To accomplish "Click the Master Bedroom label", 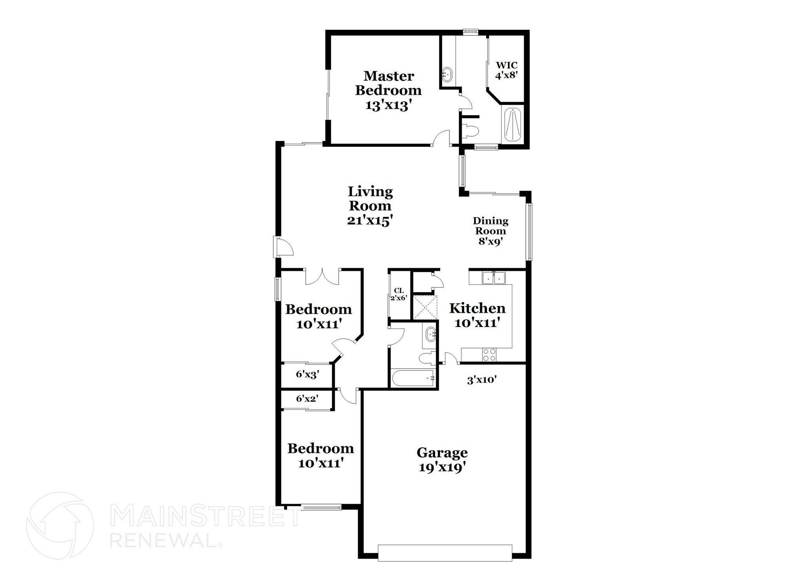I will tap(388, 90).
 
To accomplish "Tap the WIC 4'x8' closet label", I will tap(506, 70).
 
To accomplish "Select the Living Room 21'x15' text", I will tap(370, 206).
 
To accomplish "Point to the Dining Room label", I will tap(490, 231).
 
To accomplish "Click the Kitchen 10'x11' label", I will tap(477, 315).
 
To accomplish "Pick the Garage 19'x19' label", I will tap(442, 460).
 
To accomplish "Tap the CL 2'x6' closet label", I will tap(399, 294).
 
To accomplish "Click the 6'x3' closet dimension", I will tap(307, 374).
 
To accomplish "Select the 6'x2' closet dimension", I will tap(307, 399).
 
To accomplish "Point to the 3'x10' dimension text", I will tap(482, 380).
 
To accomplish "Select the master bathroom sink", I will tap(447, 74).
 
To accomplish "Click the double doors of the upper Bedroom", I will tap(322, 277).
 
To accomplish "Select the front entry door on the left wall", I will tap(283, 247).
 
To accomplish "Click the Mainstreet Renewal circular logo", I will tap(60, 525).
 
